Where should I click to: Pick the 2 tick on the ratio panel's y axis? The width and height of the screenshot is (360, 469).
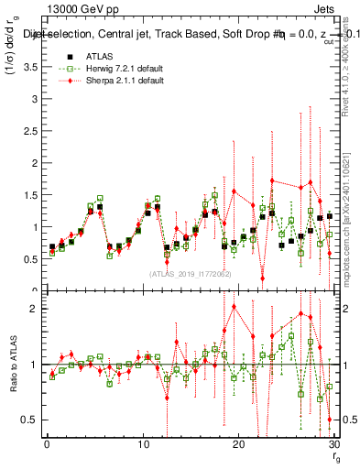[x=33, y=309]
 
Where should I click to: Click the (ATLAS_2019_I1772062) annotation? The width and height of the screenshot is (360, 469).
[x=189, y=274]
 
